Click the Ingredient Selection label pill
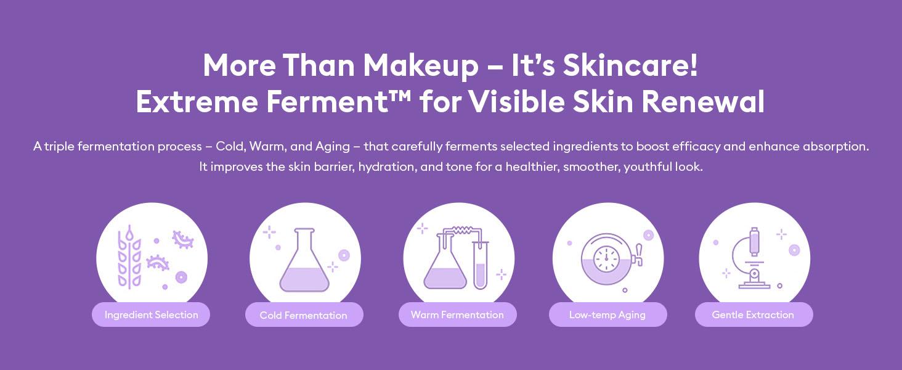(151, 314)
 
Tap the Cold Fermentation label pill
(304, 315)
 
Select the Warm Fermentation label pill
(457, 314)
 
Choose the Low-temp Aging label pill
(607, 314)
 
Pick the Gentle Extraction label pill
(753, 314)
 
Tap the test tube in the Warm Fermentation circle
(481, 265)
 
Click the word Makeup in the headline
(420, 65)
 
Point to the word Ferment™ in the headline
(339, 102)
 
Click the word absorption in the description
(835, 147)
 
